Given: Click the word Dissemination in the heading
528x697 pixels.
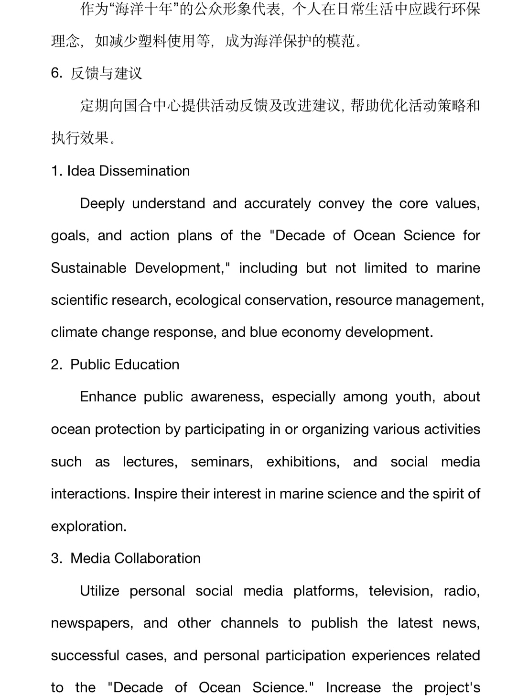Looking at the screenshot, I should tap(144, 171).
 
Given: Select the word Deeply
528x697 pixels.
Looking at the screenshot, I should tap(102, 203).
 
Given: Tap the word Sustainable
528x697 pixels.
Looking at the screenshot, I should tap(88, 268).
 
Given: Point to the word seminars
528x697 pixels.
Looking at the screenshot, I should tap(222, 462).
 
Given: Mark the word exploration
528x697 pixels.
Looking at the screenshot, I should tap(88, 526).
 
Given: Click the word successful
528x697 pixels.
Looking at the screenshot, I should tap(85, 655).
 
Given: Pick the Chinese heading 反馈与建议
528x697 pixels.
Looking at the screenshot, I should tap(106, 73).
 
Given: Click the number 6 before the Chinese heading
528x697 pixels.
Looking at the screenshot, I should tap(55, 73).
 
